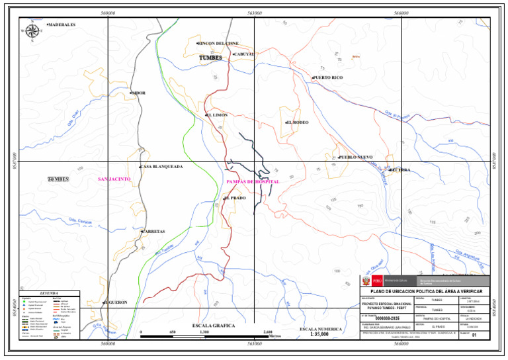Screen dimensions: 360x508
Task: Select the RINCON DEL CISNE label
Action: click(x=218, y=44)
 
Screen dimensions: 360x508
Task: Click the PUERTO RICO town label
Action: click(x=328, y=77)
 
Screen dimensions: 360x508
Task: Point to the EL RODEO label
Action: click(x=298, y=122)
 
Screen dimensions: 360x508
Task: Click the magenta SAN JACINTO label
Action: click(x=114, y=179)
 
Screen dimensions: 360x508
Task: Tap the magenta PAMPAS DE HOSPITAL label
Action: click(x=253, y=181)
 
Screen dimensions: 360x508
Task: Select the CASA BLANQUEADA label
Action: click(x=162, y=167)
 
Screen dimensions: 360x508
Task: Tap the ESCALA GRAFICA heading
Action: click(x=213, y=326)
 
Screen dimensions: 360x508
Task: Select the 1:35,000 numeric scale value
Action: click(x=320, y=335)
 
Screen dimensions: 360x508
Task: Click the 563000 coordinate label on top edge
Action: click(x=255, y=12)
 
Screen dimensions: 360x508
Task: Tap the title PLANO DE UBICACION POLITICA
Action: click(x=425, y=292)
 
